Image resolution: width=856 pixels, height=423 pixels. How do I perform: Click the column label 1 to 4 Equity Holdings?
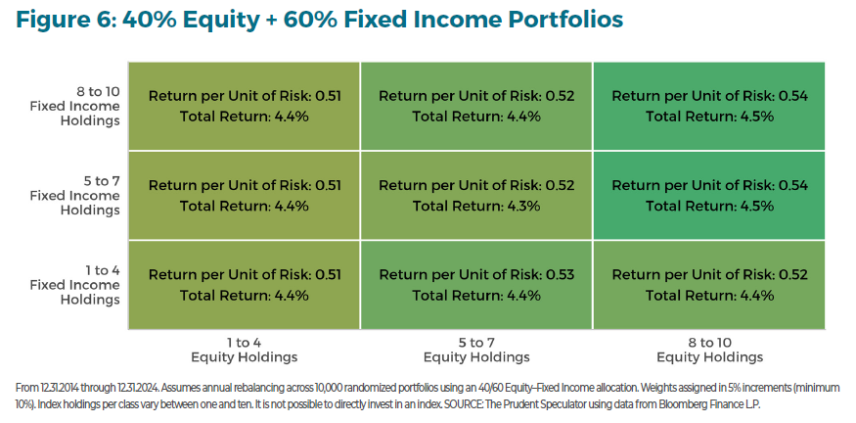coord(243,350)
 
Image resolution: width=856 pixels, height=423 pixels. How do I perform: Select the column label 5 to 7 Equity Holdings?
coord(476,350)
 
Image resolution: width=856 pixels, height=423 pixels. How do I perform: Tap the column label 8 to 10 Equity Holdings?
coord(709,350)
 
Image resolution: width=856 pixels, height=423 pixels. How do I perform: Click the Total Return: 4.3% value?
coord(476,206)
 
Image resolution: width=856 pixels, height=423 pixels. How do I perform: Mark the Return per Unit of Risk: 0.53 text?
coord(476,274)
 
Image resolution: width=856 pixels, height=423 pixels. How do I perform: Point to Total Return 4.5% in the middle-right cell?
coord(709,206)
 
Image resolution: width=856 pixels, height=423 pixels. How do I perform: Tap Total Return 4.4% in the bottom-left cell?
coord(244,295)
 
